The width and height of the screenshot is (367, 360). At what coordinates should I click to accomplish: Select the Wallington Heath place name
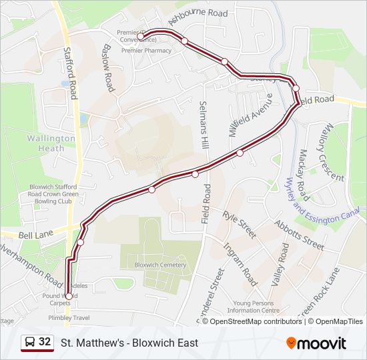click(x=51, y=143)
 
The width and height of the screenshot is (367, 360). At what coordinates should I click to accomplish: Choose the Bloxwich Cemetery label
click(x=160, y=265)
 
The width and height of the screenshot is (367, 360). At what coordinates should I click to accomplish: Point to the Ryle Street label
click(x=240, y=225)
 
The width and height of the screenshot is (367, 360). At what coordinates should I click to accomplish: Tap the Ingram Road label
click(x=240, y=264)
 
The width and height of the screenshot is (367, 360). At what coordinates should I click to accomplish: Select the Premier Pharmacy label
click(x=147, y=50)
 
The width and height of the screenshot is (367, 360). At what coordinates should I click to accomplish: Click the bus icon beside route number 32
click(x=30, y=343)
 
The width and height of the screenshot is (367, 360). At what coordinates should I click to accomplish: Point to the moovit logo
click(x=316, y=343)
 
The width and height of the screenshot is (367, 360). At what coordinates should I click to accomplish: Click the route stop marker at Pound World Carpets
click(x=69, y=296)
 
